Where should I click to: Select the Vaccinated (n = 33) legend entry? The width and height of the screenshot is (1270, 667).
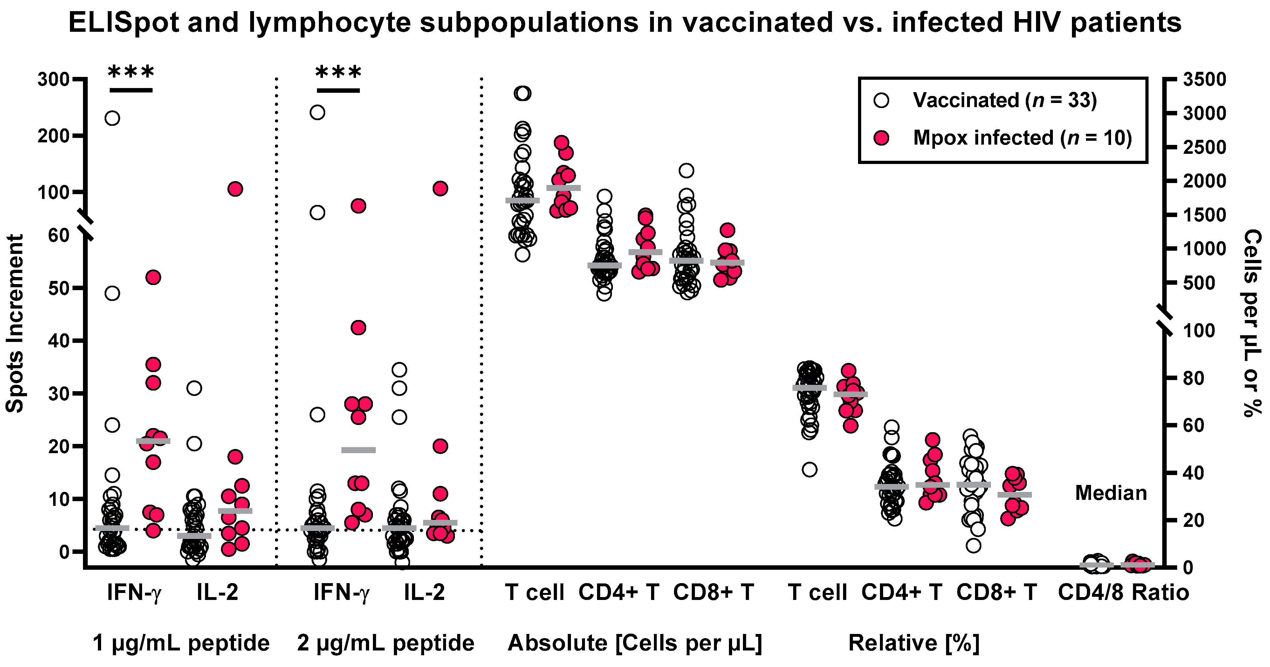pos(1004,100)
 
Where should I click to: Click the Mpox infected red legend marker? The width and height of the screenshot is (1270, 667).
pos(881,138)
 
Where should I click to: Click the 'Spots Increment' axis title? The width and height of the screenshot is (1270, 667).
pos(15,323)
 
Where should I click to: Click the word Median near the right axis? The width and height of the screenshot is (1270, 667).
pos(1110,493)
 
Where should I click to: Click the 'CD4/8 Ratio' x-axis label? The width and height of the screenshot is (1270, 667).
pos(1123,592)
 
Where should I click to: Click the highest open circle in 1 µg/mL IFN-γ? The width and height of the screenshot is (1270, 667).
pos(113,118)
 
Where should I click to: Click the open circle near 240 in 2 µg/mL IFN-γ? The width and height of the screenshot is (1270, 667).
pos(317,112)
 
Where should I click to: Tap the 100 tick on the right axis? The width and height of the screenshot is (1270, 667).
pos(1198,330)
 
